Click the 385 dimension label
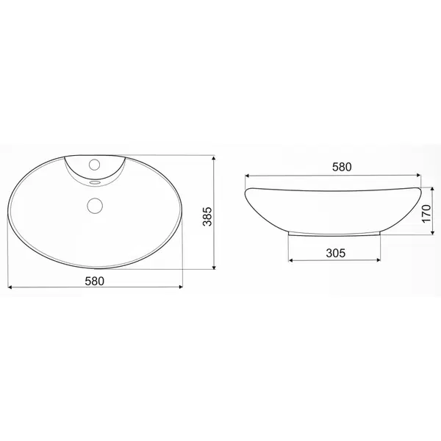point(207,216)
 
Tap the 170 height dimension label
point(426,213)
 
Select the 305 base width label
point(336,253)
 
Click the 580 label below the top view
point(95,281)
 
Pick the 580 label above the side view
point(342,167)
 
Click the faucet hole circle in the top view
point(95,165)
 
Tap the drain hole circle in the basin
point(95,205)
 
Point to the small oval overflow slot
point(95,182)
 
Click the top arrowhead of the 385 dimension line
point(214,158)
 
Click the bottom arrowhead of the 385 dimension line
point(214,267)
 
